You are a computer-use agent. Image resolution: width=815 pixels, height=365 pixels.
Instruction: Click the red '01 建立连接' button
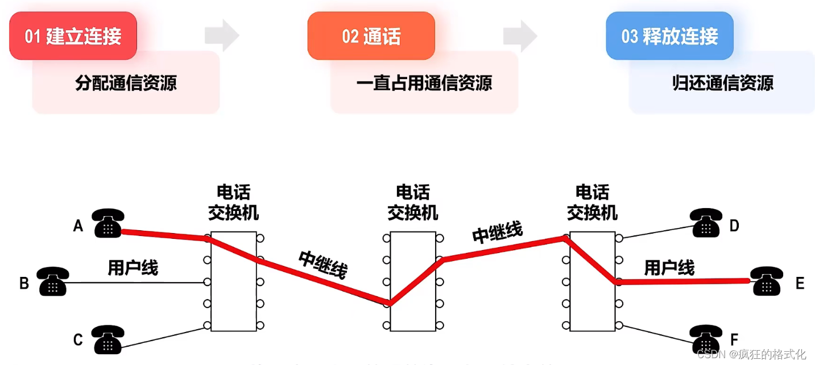point(73,36)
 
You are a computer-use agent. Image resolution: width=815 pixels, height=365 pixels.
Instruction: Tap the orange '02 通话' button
point(371,36)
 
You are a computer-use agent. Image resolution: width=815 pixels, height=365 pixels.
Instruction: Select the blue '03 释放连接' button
point(669,36)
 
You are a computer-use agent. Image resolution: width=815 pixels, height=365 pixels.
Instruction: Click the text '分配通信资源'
point(126,83)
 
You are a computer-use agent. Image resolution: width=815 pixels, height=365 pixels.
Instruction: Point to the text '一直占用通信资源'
point(424,83)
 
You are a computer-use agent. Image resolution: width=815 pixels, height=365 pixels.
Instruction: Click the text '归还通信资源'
point(722,83)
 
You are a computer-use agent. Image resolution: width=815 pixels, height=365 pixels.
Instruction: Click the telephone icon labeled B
point(53,281)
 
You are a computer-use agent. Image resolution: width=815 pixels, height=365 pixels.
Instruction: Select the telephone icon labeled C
point(107,339)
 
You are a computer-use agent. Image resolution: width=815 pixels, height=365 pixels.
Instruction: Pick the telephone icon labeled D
point(706,223)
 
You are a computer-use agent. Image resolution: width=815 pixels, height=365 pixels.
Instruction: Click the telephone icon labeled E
point(766,281)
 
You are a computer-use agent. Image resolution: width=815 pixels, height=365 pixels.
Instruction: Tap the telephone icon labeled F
point(706,339)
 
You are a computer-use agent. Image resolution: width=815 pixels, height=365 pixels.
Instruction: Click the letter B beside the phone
point(24,283)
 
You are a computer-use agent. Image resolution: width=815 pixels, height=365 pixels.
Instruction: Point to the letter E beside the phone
point(800,283)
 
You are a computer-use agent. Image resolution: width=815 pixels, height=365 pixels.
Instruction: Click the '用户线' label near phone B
point(133,267)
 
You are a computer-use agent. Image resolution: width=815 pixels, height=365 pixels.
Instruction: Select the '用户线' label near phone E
point(669,267)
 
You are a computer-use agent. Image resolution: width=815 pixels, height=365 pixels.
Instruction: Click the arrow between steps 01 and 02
point(222,35)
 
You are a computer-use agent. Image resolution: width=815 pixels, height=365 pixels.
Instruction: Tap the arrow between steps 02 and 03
point(520,35)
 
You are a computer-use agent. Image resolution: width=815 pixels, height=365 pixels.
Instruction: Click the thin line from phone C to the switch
point(165,337)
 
